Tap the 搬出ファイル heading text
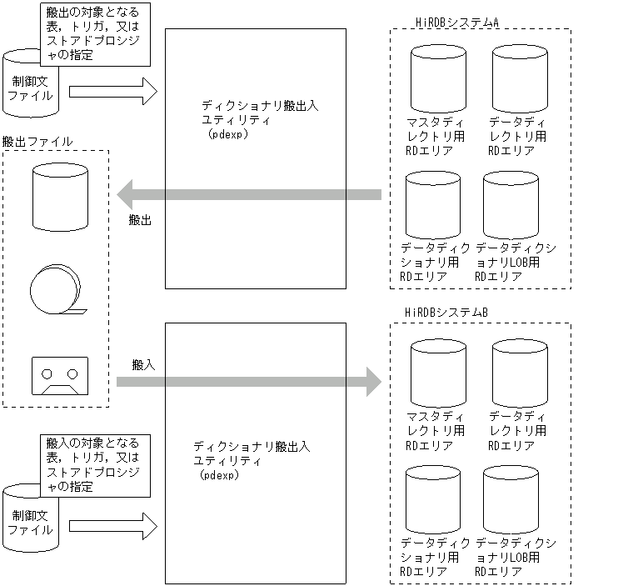(x=37, y=142)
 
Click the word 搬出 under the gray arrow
(x=140, y=220)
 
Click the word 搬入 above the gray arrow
(x=143, y=365)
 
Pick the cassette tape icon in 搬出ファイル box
(x=56, y=378)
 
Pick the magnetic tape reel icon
(x=55, y=290)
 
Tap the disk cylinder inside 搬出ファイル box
(x=59, y=195)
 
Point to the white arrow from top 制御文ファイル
(x=112, y=91)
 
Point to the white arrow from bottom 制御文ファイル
(x=112, y=526)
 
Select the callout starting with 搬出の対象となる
(x=95, y=34)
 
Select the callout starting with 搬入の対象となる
(x=95, y=465)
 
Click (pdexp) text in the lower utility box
(x=219, y=474)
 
